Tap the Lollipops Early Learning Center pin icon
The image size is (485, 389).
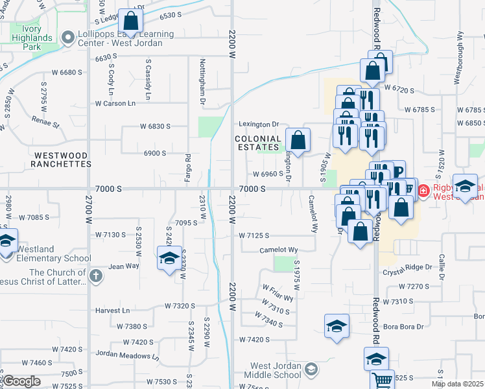(x=68, y=38)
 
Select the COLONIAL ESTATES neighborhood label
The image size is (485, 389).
(x=258, y=143)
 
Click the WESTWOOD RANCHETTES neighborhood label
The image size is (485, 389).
(x=62, y=159)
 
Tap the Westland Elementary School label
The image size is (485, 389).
(x=54, y=253)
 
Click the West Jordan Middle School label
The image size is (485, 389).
(x=272, y=370)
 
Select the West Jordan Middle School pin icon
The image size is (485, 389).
(x=311, y=370)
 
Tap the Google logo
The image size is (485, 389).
(x=21, y=381)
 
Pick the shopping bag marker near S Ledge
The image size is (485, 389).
(x=131, y=21)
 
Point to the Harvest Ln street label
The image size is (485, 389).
(x=112, y=311)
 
